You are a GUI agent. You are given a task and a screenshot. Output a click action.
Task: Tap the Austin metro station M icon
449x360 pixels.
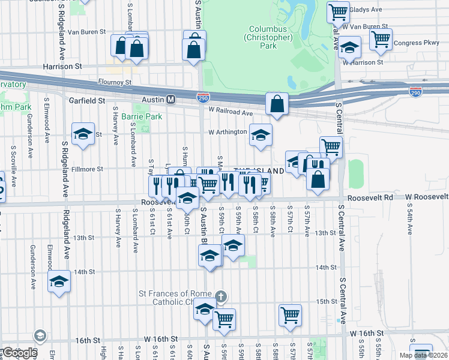point(170,100)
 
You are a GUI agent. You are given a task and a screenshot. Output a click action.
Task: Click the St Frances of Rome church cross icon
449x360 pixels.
point(221,296)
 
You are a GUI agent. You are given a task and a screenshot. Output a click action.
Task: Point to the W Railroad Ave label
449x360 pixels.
point(231,112)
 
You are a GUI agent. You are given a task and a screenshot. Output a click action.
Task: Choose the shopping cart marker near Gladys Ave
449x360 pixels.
point(338,11)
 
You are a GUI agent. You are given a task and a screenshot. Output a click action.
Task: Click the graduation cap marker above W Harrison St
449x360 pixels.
point(349,46)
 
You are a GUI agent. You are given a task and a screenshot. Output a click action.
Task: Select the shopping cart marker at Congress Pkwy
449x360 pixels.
point(381,40)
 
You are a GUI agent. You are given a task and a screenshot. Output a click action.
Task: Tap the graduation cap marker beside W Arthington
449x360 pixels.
point(261,135)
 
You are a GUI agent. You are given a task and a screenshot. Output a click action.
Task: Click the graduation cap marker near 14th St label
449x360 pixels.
point(59,281)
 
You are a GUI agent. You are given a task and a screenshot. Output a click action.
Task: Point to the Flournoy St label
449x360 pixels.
point(115,82)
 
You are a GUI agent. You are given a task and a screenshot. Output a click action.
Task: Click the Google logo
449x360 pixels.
point(19,353)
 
